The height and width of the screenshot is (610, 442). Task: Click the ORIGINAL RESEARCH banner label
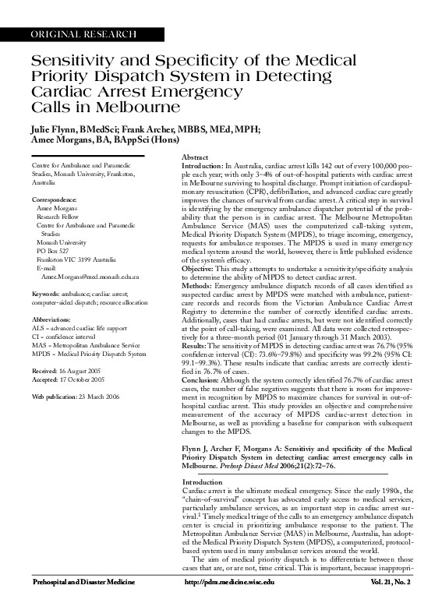[83, 34]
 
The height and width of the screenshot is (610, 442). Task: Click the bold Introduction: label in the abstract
[202, 167]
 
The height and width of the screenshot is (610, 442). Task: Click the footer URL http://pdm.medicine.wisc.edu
[228, 582]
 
